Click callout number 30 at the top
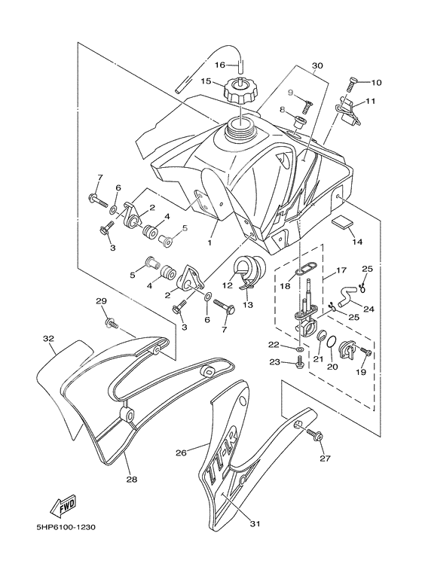[317, 66]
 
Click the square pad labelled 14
[343, 224]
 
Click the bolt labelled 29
[112, 323]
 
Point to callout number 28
[131, 479]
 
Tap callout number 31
[255, 524]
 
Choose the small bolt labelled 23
[300, 363]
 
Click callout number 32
[48, 339]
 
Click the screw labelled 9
[306, 98]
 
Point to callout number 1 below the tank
[209, 242]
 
